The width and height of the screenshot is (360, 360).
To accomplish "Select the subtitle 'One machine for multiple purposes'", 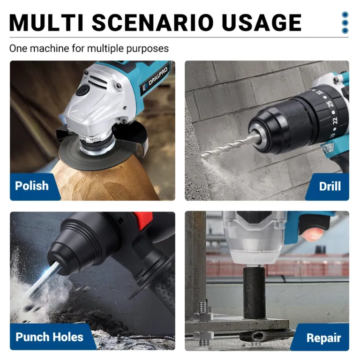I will (x=89, y=48).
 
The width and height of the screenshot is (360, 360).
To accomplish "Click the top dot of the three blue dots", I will (x=345, y=15).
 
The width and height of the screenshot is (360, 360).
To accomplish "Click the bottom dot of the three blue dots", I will (x=345, y=30).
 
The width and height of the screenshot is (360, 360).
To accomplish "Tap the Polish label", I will (x=32, y=186).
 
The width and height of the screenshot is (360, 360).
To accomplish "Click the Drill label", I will (x=330, y=186).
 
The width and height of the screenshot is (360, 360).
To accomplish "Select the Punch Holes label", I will (x=49, y=337).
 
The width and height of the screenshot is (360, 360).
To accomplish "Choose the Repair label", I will (x=323, y=337).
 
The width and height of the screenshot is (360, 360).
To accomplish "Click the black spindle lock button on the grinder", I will (x=85, y=91).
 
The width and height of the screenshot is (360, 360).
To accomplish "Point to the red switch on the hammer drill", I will (x=144, y=218).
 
